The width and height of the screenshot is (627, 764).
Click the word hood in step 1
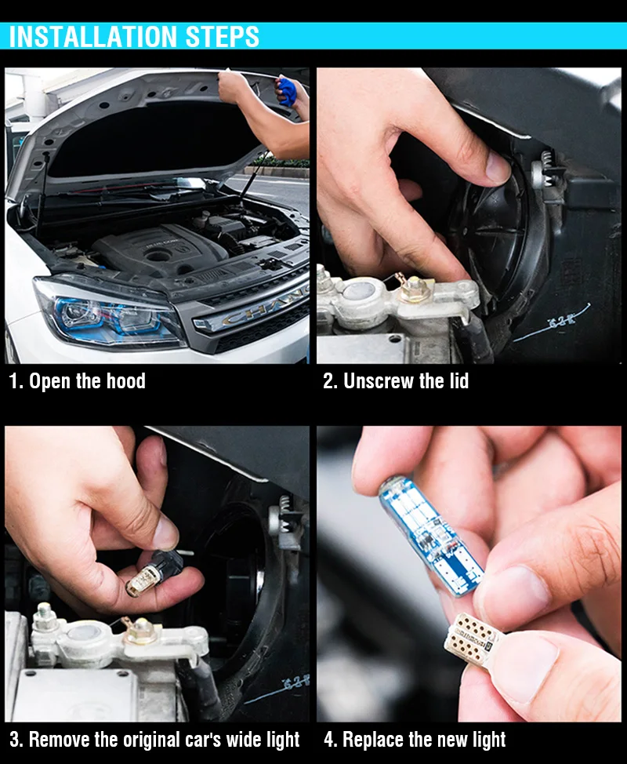[126, 381]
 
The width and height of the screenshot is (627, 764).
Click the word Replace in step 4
[373, 739]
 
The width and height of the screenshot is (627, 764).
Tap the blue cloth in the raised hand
[287, 91]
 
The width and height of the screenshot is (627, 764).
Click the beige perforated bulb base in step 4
[469, 641]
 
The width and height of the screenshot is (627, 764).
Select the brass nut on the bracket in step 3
[140, 631]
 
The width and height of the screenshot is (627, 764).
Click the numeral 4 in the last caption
[329, 740]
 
